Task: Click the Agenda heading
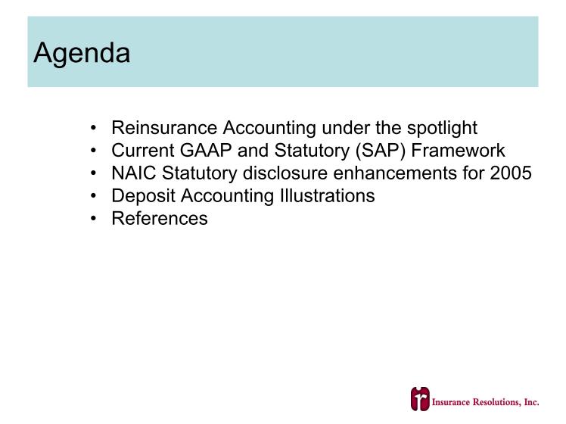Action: tap(82, 54)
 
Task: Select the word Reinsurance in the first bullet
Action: tap(164, 127)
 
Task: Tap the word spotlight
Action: tap(442, 129)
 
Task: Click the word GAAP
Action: tap(206, 150)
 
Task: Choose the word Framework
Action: tap(458, 150)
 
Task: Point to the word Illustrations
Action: tap(328, 196)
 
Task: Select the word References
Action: tap(160, 219)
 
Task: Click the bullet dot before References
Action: tap(94, 219)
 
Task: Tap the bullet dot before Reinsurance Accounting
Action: tap(94, 128)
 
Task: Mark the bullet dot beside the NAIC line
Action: tap(94, 173)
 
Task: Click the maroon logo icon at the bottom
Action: tap(420, 399)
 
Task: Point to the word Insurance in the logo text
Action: tap(451, 402)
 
